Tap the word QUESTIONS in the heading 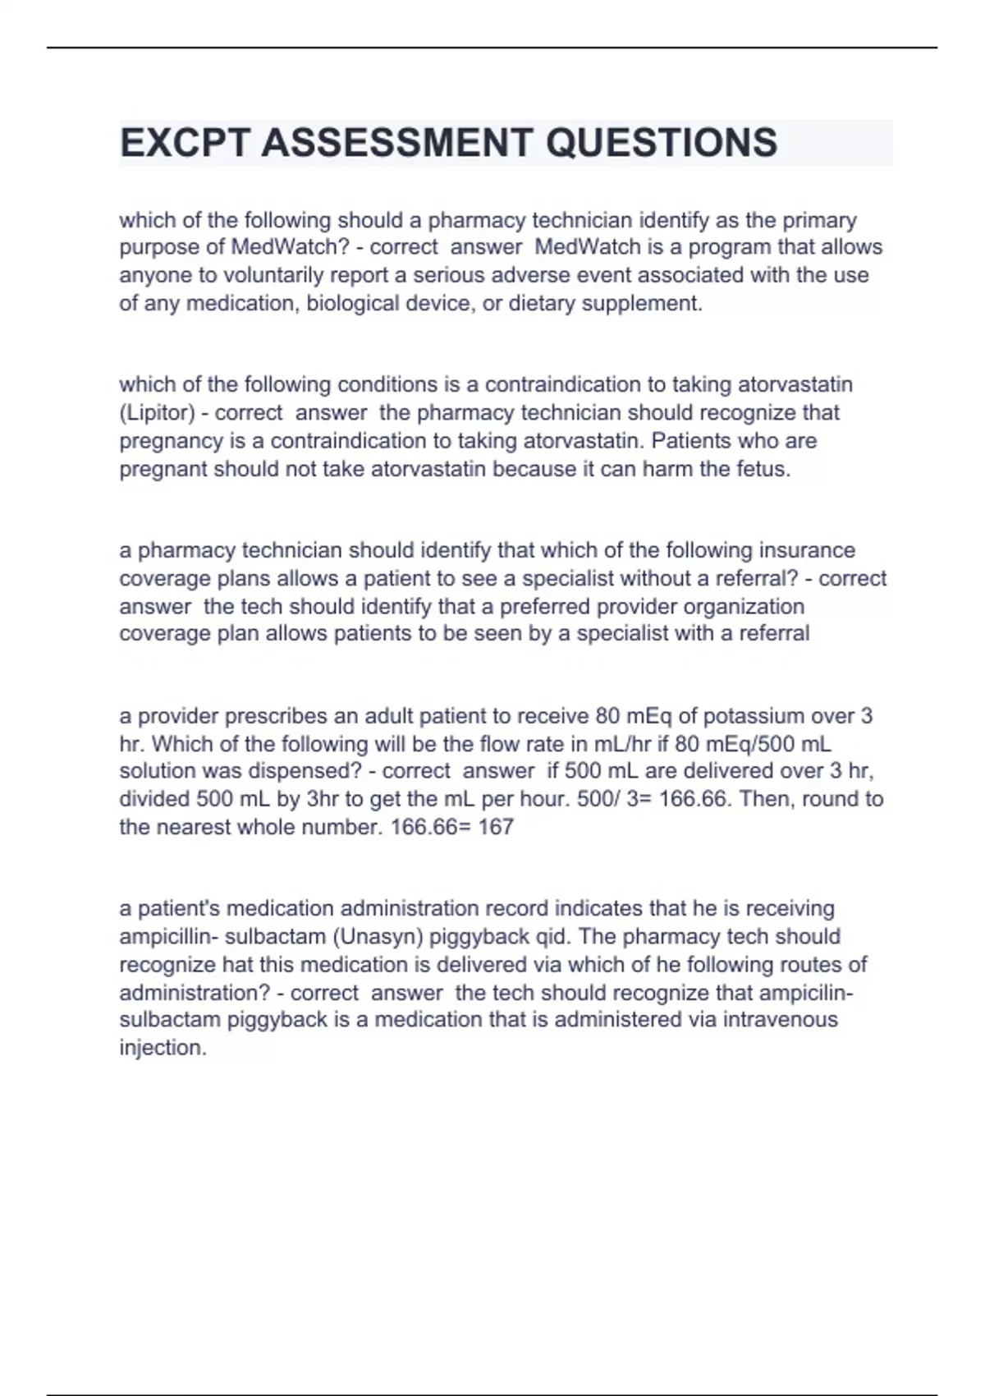tap(662, 143)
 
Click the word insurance tap(807, 550)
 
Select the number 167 tap(496, 827)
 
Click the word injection tap(163, 1048)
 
